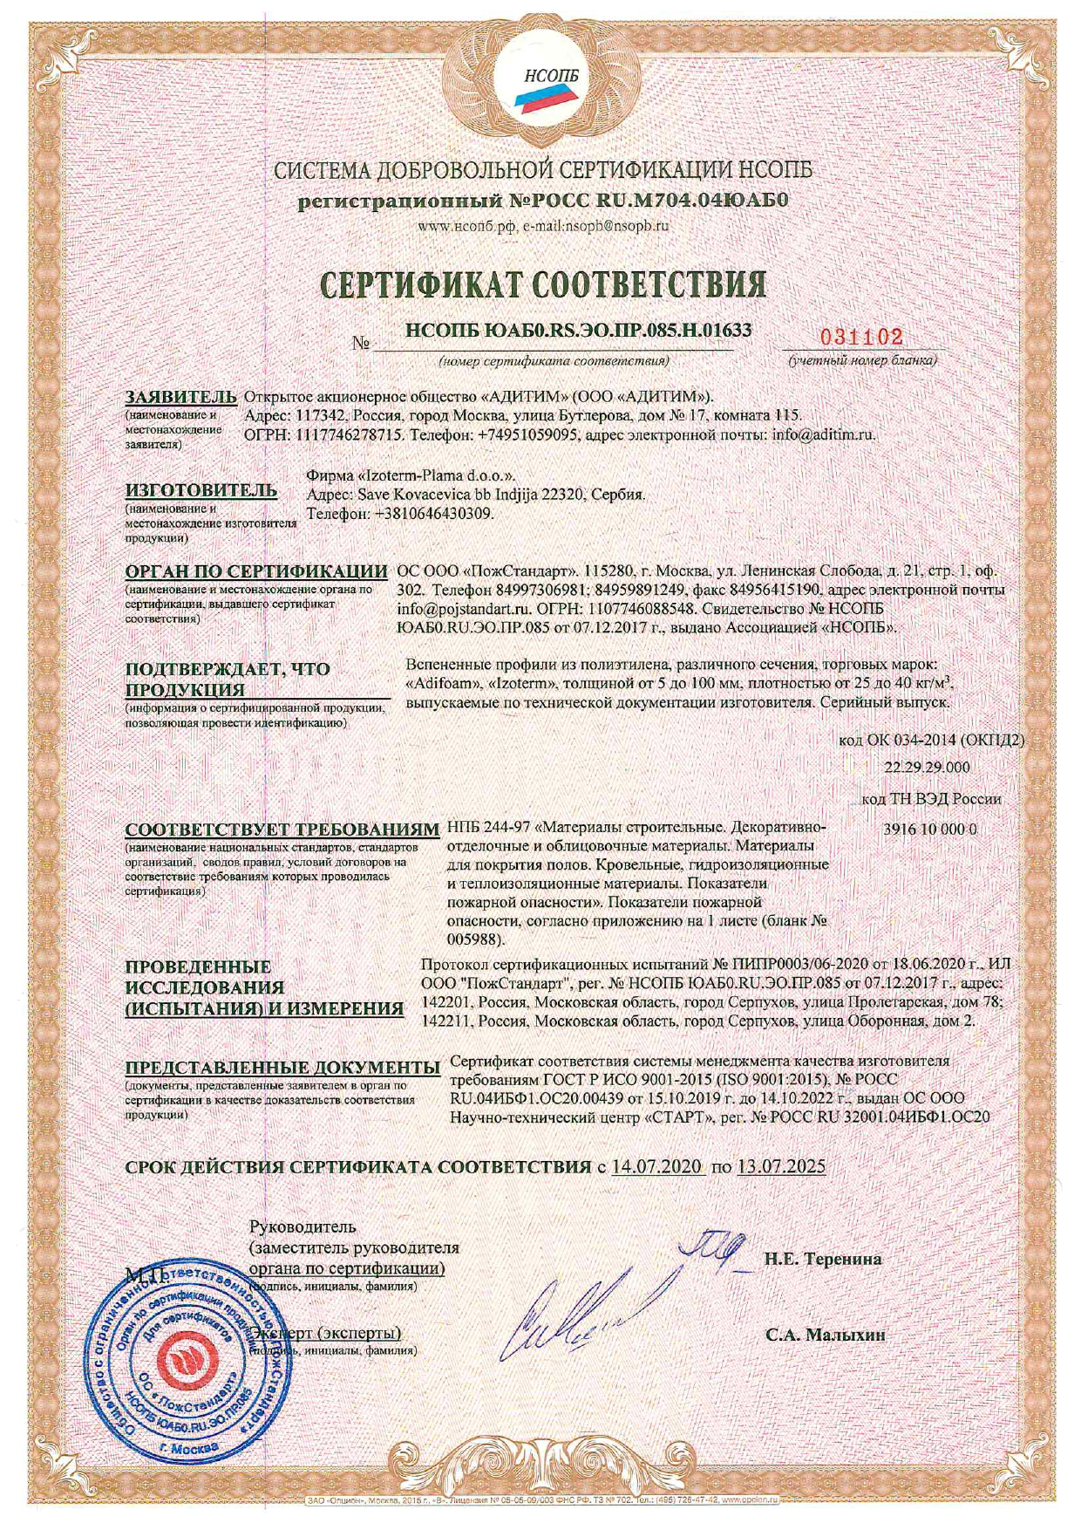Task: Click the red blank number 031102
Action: [860, 338]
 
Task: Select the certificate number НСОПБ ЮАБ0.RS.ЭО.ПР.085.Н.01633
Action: [578, 330]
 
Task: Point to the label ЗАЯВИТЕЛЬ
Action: [180, 397]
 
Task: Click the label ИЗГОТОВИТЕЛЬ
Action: [201, 490]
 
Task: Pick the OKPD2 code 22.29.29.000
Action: [926, 768]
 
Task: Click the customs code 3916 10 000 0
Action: [929, 830]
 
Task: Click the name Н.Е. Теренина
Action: [823, 1259]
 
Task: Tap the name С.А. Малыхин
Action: [825, 1335]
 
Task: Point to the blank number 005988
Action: [474, 940]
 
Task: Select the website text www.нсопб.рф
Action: [468, 226]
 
